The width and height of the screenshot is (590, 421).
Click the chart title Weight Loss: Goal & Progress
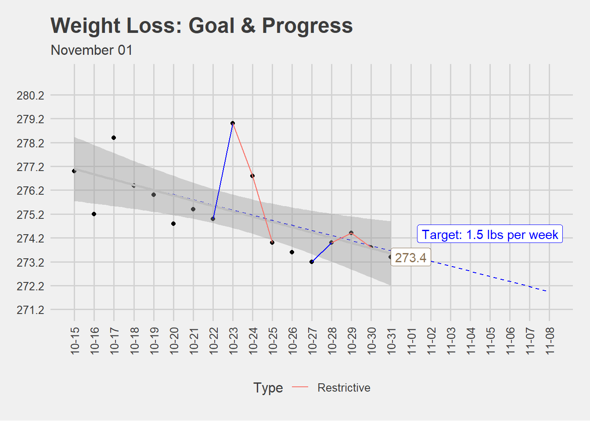(x=201, y=25)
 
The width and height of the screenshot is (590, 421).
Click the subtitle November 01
(x=92, y=50)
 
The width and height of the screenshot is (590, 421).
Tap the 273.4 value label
(x=410, y=257)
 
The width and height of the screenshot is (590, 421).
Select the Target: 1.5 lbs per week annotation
(x=490, y=235)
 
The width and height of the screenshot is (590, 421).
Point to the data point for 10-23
(x=233, y=123)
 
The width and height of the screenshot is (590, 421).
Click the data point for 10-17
(x=114, y=138)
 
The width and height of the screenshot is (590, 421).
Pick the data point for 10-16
(x=94, y=214)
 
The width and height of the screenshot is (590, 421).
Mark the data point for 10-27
(x=312, y=262)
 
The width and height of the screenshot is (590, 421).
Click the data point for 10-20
(x=173, y=224)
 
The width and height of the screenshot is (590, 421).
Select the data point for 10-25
(x=272, y=243)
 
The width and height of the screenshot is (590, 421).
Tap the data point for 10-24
(x=252, y=176)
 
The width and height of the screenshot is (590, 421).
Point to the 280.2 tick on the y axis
(x=30, y=95)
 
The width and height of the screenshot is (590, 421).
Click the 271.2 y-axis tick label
(x=30, y=310)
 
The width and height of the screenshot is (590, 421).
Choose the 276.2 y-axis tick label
(x=30, y=191)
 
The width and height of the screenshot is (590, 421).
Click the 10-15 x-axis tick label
(x=75, y=340)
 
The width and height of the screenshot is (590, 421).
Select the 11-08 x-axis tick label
(x=550, y=340)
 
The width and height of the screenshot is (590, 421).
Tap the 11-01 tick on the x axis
(x=411, y=340)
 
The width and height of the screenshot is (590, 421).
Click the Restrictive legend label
(x=344, y=388)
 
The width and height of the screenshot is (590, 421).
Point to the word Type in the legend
(x=268, y=388)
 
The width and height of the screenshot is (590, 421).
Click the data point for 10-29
(x=351, y=233)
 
